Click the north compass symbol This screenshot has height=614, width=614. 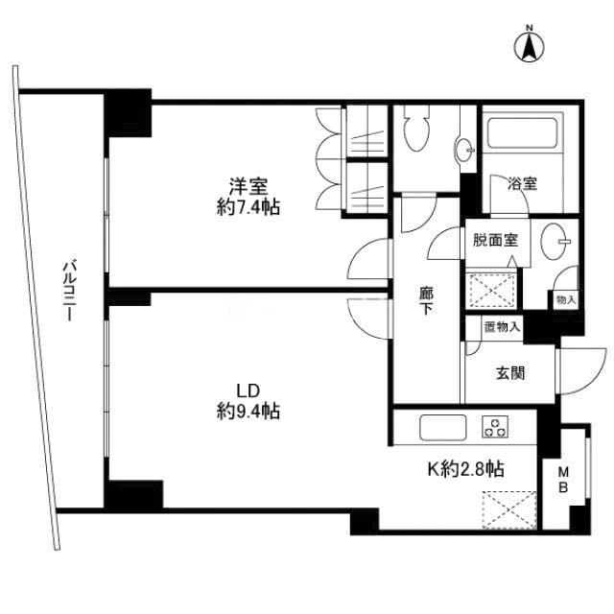530,46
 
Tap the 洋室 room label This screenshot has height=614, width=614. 248,187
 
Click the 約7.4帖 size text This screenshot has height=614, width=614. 248,207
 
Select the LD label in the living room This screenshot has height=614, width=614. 248,390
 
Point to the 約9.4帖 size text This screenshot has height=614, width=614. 248,411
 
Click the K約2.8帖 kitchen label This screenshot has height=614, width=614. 465,468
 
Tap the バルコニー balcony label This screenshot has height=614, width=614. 70,290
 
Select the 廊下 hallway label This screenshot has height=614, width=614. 426,300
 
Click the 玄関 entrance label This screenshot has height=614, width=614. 510,373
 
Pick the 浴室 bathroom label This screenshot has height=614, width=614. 522,183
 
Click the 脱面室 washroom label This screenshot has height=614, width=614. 495,240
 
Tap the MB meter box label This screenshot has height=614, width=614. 563,479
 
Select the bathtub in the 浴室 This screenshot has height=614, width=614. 522,131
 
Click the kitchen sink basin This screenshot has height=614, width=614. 443,427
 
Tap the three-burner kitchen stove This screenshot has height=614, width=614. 495,426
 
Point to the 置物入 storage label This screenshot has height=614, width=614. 502,326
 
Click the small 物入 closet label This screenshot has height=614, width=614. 566,300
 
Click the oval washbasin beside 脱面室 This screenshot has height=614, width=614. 554,241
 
